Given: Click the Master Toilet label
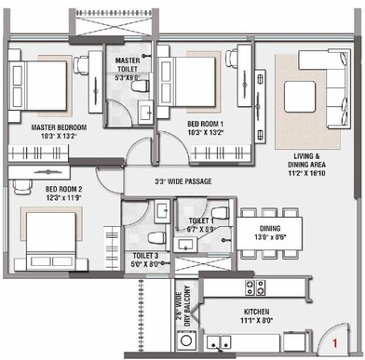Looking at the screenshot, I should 128,61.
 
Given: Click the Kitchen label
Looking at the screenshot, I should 256,313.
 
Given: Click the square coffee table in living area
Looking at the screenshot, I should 305,98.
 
